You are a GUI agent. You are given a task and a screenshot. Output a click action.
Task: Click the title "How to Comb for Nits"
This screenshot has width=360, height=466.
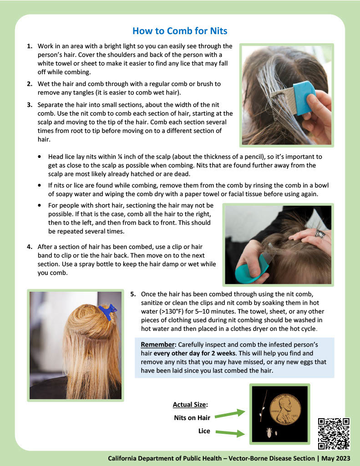pyautogui.click(x=180, y=31)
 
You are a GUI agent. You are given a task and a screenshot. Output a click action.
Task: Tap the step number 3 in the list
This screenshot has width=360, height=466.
pyautogui.click(x=30, y=105)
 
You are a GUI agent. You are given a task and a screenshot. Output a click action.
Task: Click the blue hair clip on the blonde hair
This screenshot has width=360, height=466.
pyautogui.click(x=107, y=311)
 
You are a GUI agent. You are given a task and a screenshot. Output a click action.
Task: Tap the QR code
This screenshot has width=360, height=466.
pyautogui.click(x=334, y=434)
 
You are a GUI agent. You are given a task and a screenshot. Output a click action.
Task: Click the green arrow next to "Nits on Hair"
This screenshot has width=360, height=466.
pyautogui.click(x=230, y=414)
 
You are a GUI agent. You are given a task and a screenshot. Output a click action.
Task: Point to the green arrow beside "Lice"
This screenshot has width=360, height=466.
pyautogui.click(x=230, y=433)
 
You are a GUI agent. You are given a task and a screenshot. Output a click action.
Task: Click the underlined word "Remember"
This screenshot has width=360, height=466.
pyautogui.click(x=157, y=345)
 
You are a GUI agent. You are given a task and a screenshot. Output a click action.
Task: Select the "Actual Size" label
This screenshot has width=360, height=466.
pyautogui.click(x=189, y=405)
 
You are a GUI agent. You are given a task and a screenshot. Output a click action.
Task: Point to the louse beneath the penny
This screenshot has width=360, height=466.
pyautogui.click(x=269, y=432)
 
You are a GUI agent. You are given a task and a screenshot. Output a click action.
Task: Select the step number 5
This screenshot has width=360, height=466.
pyautogui.click(x=133, y=294)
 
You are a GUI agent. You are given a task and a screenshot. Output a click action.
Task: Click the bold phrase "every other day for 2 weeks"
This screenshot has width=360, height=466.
pyautogui.click(x=194, y=353)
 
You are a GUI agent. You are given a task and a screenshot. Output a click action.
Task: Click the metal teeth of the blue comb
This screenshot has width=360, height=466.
pyautogui.click(x=283, y=101)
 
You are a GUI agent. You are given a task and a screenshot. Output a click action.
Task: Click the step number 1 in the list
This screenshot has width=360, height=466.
pyautogui.click(x=30, y=46)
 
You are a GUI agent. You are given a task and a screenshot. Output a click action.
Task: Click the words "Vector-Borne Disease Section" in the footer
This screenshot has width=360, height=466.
pyautogui.click(x=271, y=458)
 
